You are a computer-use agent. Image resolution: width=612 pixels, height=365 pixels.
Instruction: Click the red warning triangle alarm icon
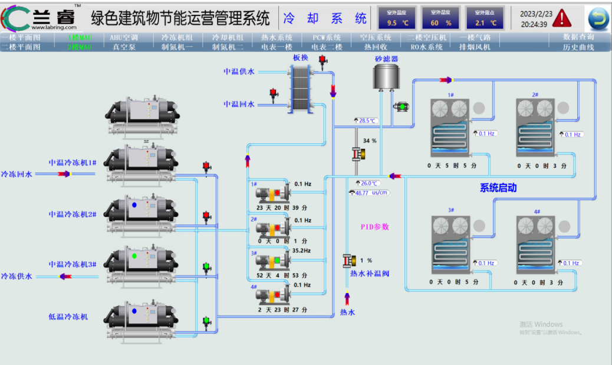tap(562, 18)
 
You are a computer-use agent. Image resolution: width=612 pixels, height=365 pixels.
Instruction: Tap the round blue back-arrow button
tap(598, 19)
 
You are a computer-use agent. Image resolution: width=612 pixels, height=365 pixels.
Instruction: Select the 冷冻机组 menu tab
tap(177, 37)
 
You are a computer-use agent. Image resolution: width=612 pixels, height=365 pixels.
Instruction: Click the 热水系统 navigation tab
tap(277, 37)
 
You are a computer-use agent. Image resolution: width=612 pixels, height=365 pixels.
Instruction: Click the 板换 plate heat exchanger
tap(300, 89)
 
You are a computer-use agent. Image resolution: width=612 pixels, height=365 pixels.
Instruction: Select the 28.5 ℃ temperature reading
tap(367, 120)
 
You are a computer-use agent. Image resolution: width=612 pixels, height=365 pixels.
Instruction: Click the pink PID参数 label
tap(375, 227)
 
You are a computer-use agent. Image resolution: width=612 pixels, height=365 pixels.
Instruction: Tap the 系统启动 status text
tap(498, 188)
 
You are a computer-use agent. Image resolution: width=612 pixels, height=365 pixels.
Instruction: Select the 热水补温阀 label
tap(370, 273)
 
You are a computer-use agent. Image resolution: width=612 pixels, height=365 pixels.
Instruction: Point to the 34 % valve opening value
tap(370, 141)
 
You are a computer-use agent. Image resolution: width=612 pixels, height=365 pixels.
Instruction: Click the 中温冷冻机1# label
tap(73, 162)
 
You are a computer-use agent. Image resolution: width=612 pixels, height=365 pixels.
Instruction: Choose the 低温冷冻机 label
tap(68, 317)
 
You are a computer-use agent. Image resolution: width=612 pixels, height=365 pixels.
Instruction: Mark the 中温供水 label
tap(239, 71)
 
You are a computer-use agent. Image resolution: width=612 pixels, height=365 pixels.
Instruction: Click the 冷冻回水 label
tap(17, 174)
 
